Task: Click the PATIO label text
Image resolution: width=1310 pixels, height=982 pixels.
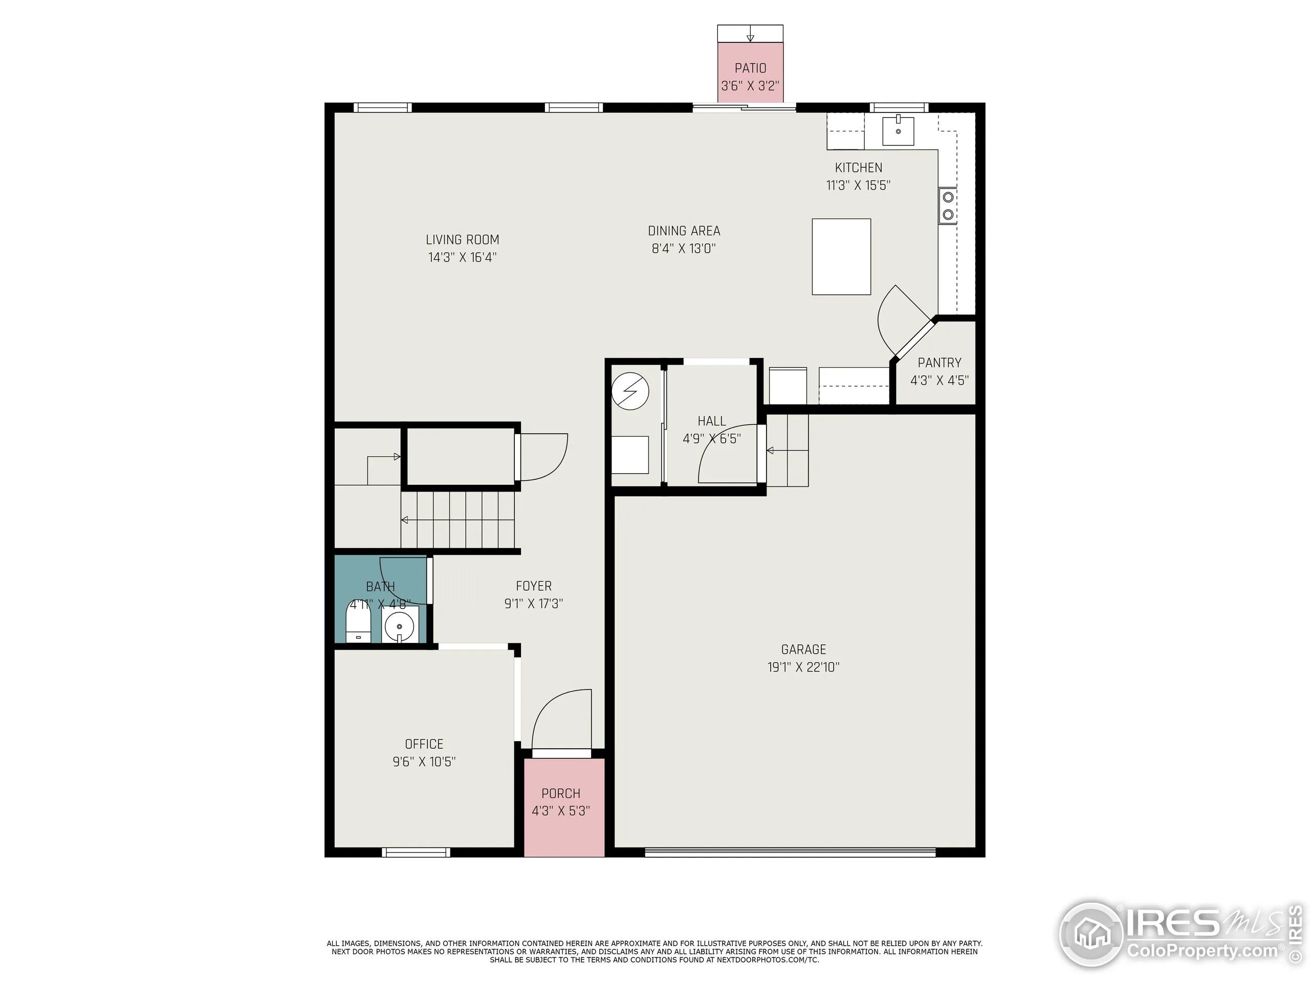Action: click(x=750, y=68)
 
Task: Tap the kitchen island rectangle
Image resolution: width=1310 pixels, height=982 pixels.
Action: click(x=841, y=256)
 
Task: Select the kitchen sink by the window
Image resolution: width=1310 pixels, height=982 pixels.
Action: click(x=898, y=131)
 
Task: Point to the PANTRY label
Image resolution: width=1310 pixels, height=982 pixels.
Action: click(x=940, y=362)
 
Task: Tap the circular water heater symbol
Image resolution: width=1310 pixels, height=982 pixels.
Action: click(x=630, y=391)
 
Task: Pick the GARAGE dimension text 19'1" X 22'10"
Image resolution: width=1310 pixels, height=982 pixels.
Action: click(x=803, y=667)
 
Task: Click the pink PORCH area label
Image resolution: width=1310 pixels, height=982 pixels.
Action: click(x=561, y=793)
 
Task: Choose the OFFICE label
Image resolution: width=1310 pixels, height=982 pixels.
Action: click(x=424, y=744)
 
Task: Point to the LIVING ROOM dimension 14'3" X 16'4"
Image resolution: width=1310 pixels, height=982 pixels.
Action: click(x=462, y=257)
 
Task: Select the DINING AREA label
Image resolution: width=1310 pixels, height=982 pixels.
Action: click(x=684, y=231)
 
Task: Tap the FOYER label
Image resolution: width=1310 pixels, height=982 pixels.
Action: click(x=534, y=586)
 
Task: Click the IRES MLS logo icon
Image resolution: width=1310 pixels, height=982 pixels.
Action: click(x=1091, y=934)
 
